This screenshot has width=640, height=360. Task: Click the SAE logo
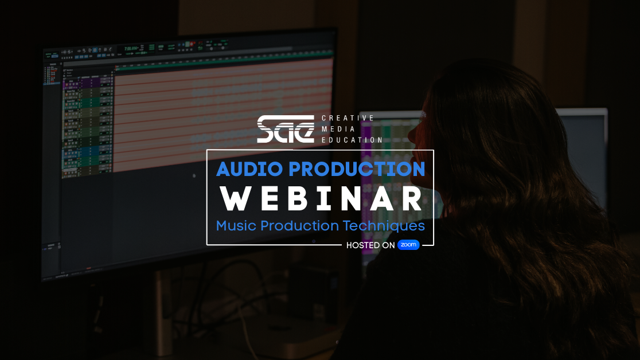click(286, 129)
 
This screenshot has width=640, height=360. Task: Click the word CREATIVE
click(348, 118)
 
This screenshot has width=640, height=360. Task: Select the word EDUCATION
click(352, 140)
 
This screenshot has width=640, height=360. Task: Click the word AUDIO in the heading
click(249, 169)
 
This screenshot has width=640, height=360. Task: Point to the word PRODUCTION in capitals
click(357, 169)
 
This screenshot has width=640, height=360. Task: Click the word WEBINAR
click(321, 199)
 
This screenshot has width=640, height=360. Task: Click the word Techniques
click(384, 226)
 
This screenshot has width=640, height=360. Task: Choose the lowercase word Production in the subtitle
click(299, 226)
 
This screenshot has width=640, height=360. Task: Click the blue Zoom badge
click(408, 244)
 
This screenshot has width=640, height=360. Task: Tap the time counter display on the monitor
click(131, 49)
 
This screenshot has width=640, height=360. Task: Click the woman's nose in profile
click(410, 132)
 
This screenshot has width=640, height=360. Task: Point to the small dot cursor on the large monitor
click(194, 176)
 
